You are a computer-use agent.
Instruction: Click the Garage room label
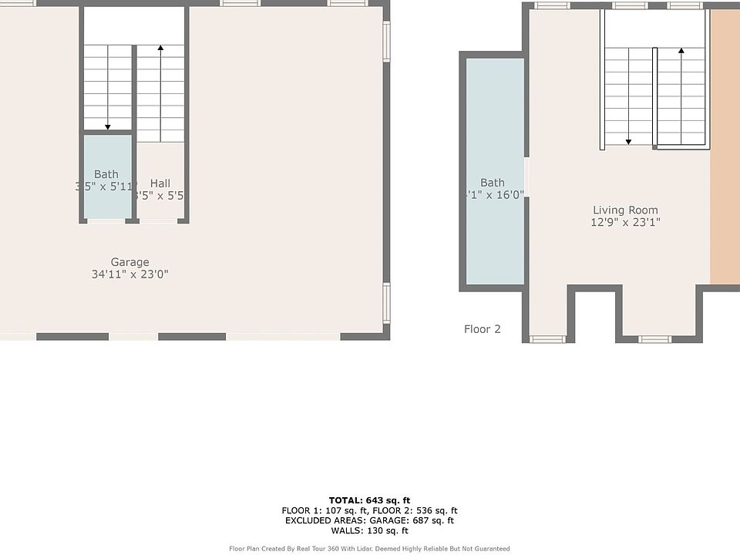pyautogui.click(x=129, y=262)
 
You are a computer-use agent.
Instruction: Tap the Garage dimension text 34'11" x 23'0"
pyautogui.click(x=129, y=274)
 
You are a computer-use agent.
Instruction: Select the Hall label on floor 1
pyautogui.click(x=160, y=183)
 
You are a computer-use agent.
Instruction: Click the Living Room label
pyautogui.click(x=625, y=210)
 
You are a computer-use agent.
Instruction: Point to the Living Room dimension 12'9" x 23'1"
pyautogui.click(x=625, y=223)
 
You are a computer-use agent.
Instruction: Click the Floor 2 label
pyautogui.click(x=482, y=329)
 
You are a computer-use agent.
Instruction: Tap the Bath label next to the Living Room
pyautogui.click(x=492, y=183)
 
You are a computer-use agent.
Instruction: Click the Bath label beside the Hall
pyautogui.click(x=106, y=174)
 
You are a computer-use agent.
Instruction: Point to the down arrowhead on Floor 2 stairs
pyautogui.click(x=628, y=141)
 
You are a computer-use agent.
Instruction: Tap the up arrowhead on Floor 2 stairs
pyautogui.click(x=681, y=52)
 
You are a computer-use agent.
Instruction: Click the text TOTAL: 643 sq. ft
pyautogui.click(x=369, y=500)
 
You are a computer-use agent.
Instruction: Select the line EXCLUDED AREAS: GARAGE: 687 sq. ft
pyautogui.click(x=369, y=520)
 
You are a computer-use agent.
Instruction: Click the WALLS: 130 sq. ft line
pyautogui.click(x=369, y=530)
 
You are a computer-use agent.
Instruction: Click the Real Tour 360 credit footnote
pyautogui.click(x=369, y=549)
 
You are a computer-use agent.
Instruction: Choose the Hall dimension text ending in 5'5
pyautogui.click(x=159, y=196)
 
